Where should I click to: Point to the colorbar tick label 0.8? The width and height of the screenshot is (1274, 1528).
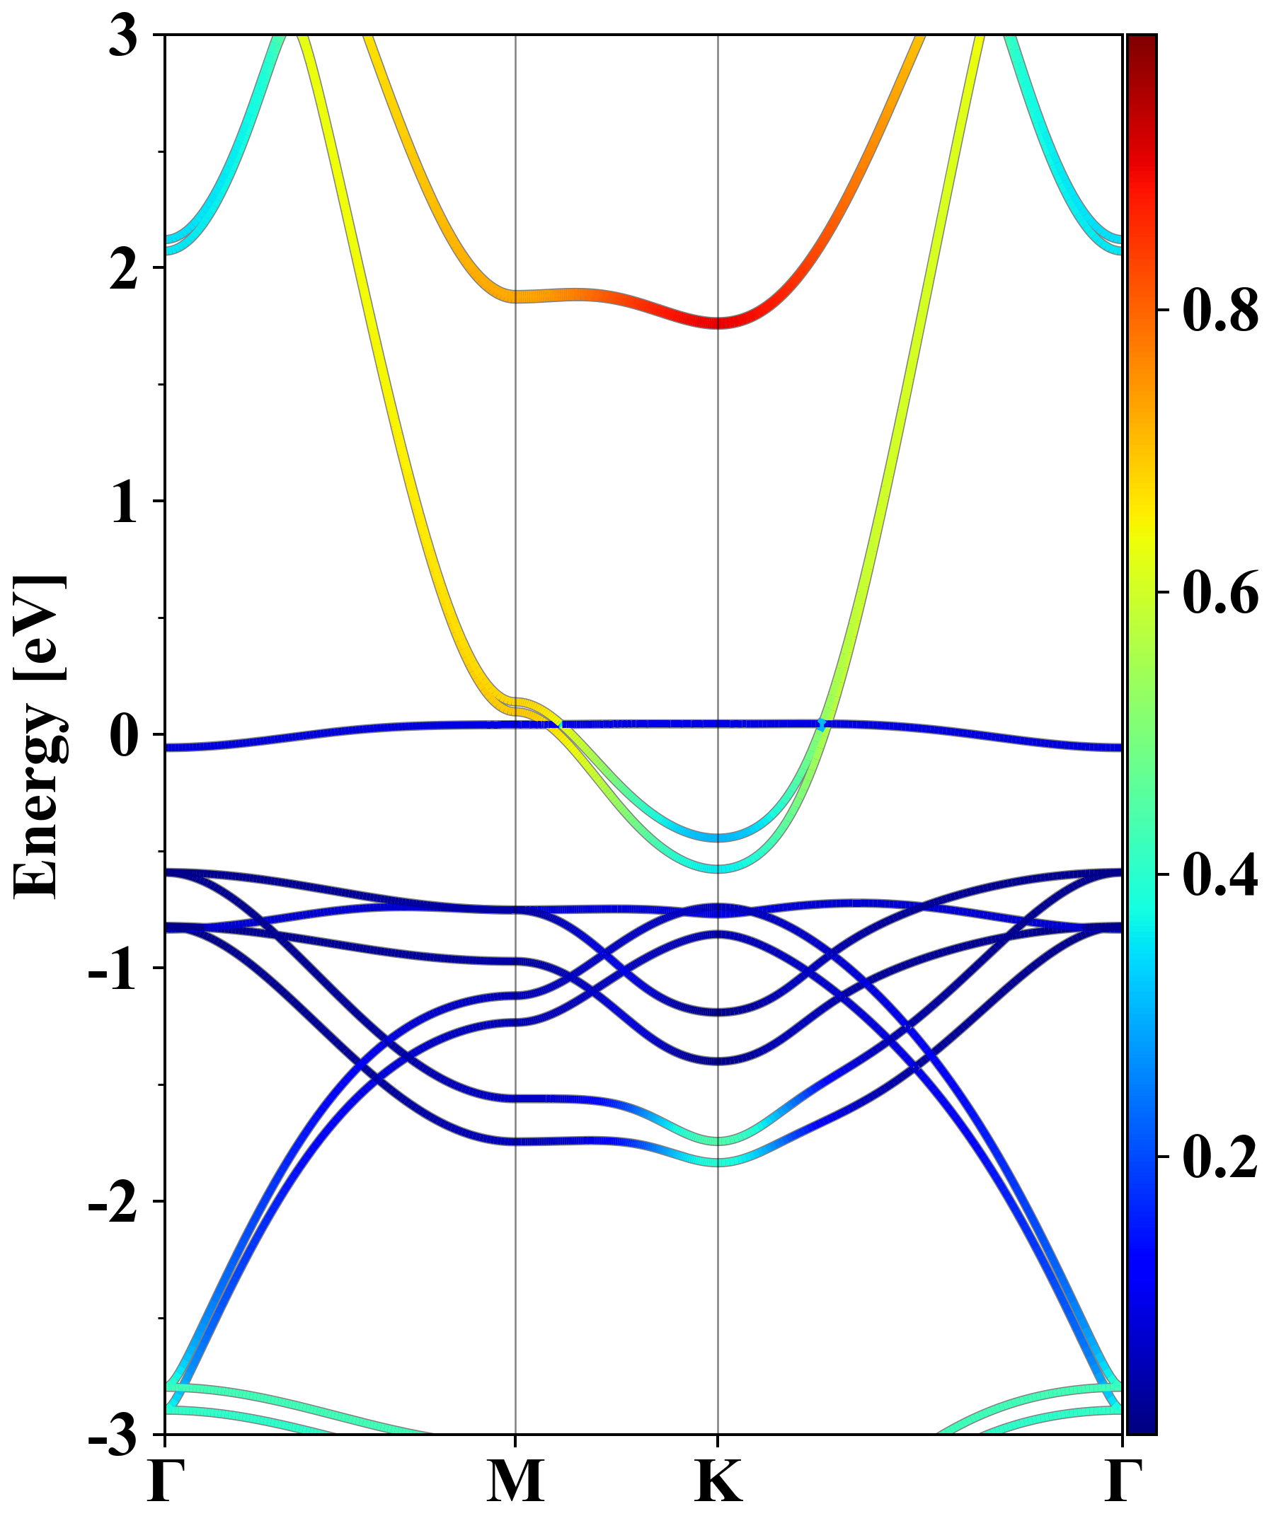[1220, 311]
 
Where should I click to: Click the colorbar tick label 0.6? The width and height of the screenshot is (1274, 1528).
[1220, 592]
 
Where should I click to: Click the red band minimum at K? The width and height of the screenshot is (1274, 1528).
[718, 323]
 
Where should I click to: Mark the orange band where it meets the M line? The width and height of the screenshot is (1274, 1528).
[515, 296]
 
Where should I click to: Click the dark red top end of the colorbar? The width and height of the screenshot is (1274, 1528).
[1142, 40]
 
